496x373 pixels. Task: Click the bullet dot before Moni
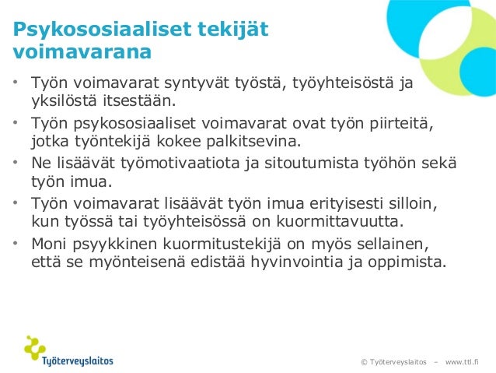pyautogui.click(x=16, y=243)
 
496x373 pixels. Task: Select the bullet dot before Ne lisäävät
pyautogui.click(x=16, y=164)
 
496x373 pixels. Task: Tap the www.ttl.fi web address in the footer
pyautogui.click(x=462, y=362)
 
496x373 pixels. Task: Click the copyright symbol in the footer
pyautogui.click(x=364, y=362)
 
